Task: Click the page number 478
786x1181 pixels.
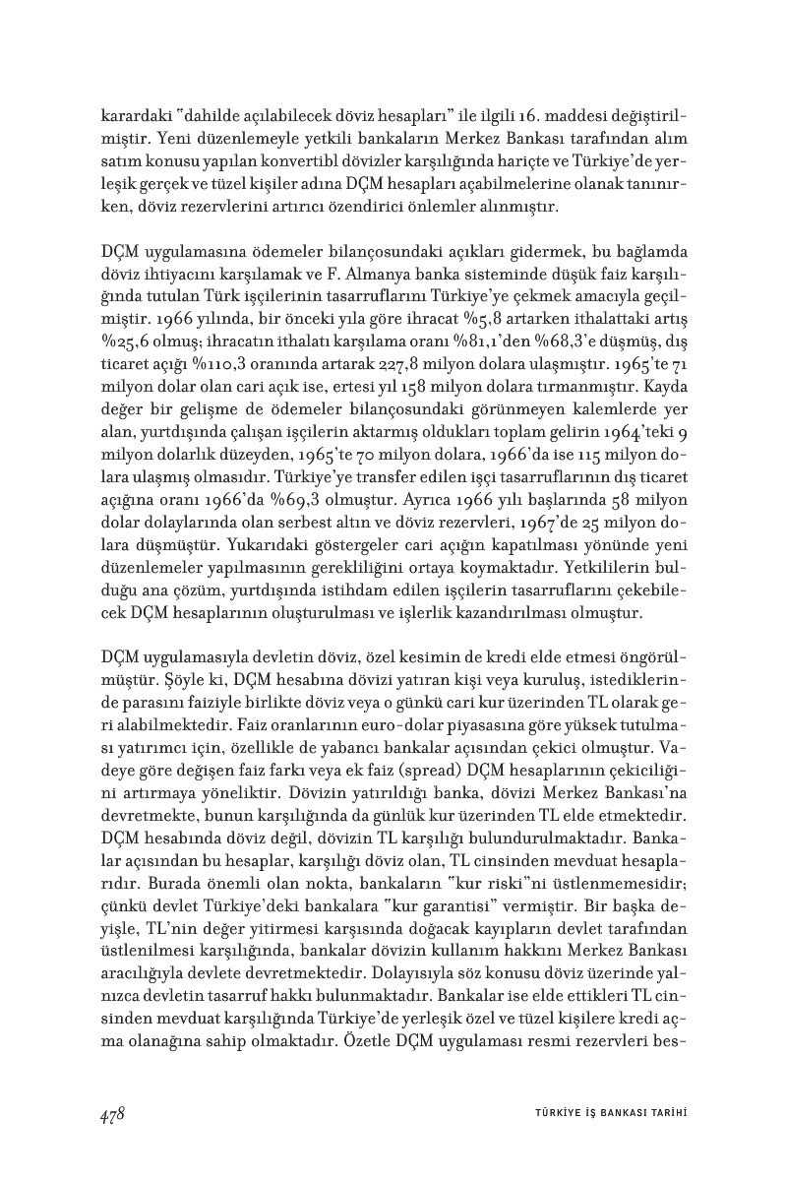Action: pos(111,1113)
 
